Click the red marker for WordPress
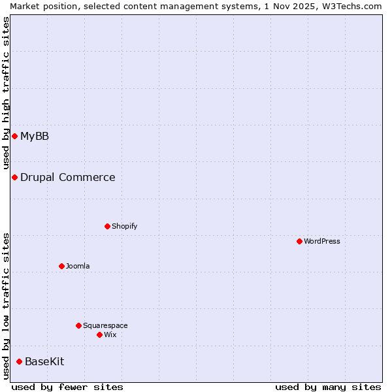pos(299,241)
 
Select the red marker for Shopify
pos(107,226)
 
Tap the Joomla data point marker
pos(61,266)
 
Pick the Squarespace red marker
pos(78,325)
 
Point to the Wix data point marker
pos(99,335)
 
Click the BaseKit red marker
pos(19,361)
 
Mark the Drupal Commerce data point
pos(14,177)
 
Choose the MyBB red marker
pos(14,136)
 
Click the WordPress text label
pos(322,241)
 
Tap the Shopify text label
pos(124,226)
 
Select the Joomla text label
pos(78,266)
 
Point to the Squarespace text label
pos(105,325)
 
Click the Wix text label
pos(110,335)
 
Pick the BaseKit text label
pos(44,361)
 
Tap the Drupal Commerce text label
pos(67,177)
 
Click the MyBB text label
pos(35,136)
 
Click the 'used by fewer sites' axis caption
pos(67,387)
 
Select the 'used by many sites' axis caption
pos(328,387)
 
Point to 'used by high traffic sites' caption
pos(6,93)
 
